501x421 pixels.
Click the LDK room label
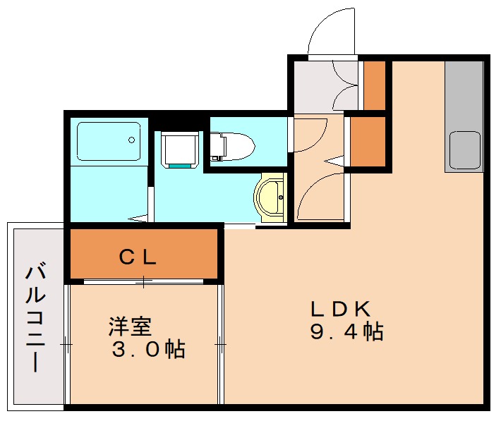tap(341, 309)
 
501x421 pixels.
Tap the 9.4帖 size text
tap(346, 331)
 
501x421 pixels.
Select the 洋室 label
tap(130, 326)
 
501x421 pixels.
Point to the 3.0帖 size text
tap(149, 349)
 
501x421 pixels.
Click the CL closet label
tap(138, 257)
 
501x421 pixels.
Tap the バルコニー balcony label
tap(35, 317)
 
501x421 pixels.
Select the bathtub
tap(109, 141)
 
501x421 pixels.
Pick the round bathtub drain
tap(131, 140)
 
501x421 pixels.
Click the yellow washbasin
tap(269, 197)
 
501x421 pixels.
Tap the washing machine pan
tap(180, 150)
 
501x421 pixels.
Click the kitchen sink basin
tap(465, 150)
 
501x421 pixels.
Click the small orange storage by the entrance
tap(375, 85)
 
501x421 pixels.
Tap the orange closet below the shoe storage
tap(368, 142)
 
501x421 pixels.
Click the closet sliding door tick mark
tap(144, 282)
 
